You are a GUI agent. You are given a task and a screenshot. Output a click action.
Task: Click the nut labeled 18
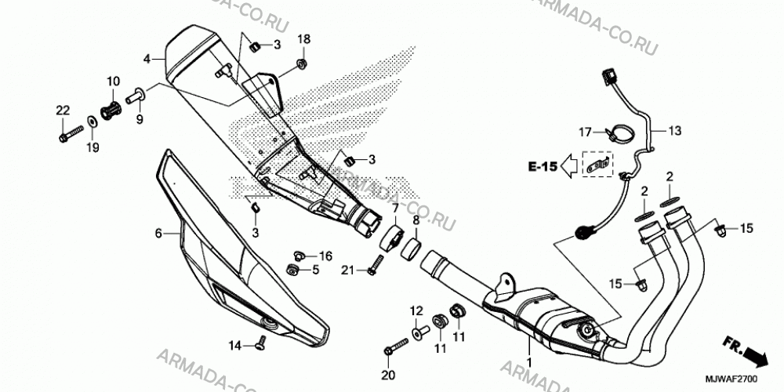click(x=301, y=63)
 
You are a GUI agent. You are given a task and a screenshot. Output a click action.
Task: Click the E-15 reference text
click(x=543, y=166)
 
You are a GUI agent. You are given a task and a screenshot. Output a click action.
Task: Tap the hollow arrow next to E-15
click(x=569, y=166)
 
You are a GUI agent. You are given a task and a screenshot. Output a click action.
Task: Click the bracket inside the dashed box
click(x=597, y=165)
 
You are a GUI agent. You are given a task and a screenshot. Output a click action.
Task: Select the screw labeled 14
click(x=260, y=343)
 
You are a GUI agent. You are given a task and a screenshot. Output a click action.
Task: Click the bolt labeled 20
click(x=397, y=346)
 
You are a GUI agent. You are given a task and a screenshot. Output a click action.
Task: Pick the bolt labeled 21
click(x=376, y=264)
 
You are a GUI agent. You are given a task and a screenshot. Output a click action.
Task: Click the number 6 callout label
click(x=158, y=233)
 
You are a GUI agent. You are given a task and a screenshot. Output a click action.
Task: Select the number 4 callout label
click(x=147, y=60)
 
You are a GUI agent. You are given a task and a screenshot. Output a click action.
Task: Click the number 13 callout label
click(x=674, y=131)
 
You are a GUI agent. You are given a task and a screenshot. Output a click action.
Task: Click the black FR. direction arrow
click(x=754, y=357)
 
